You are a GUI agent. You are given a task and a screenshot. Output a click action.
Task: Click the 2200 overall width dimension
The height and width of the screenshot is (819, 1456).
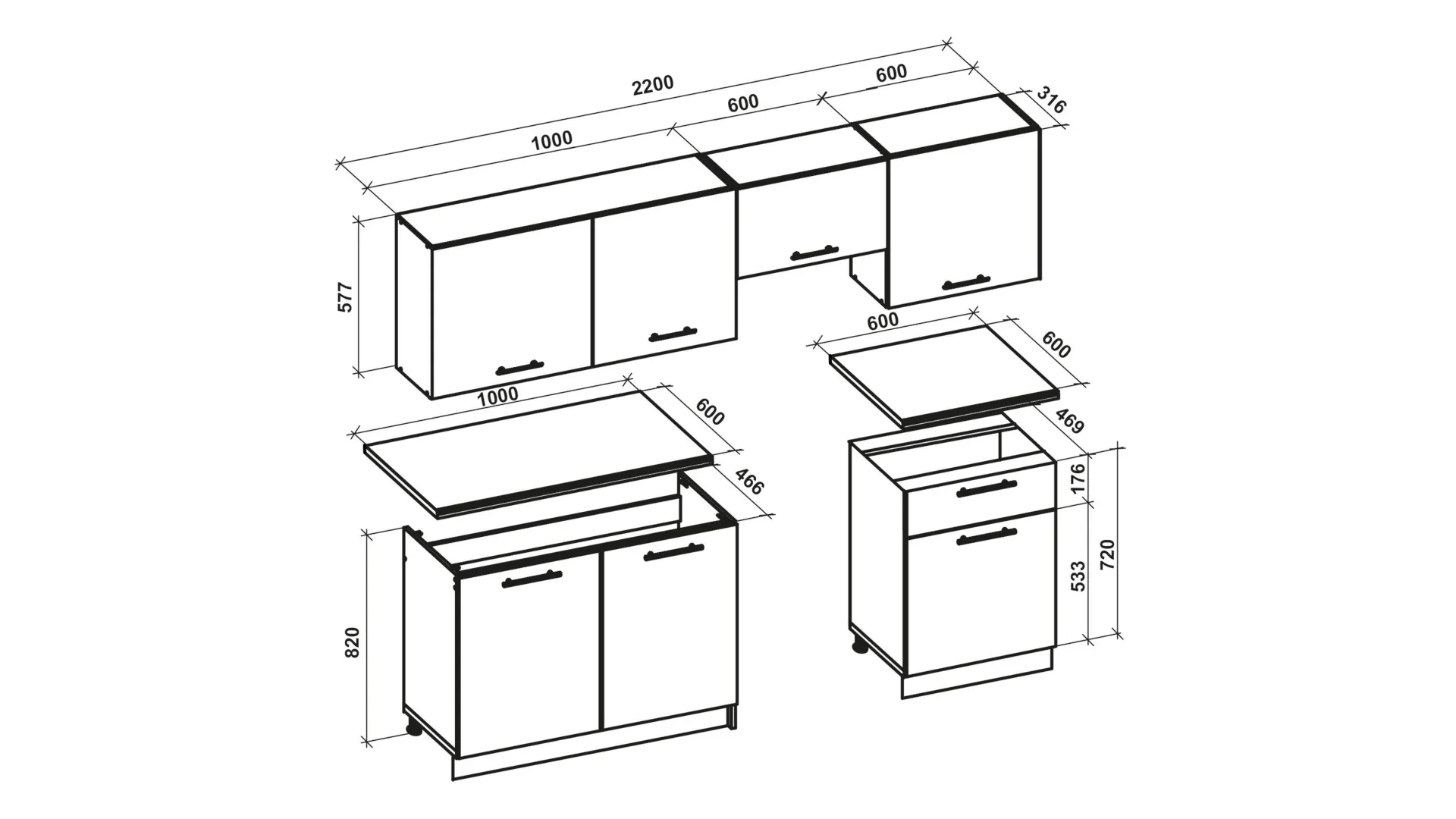pyautogui.click(x=653, y=84)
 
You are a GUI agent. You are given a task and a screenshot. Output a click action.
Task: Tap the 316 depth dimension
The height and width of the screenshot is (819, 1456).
pyautogui.click(x=1051, y=101)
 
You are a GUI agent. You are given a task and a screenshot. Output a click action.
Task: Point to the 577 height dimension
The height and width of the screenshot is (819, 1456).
pyautogui.click(x=345, y=297)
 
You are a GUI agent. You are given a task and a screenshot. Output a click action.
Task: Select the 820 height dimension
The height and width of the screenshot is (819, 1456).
pyautogui.click(x=352, y=643)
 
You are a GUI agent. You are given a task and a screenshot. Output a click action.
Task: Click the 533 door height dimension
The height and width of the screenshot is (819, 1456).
pyautogui.click(x=1078, y=576)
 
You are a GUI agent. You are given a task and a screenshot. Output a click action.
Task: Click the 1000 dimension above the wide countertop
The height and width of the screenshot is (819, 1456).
pyautogui.click(x=498, y=394)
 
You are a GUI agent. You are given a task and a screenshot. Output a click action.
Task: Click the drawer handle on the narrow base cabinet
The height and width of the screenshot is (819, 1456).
pyautogui.click(x=987, y=489)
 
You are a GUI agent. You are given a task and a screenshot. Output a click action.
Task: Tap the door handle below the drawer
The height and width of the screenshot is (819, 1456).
pyautogui.click(x=987, y=536)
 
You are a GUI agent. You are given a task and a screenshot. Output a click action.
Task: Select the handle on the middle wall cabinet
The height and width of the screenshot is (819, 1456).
pyautogui.click(x=814, y=252)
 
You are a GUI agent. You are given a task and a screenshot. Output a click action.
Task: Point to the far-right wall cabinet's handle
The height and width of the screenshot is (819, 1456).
pyautogui.click(x=966, y=283)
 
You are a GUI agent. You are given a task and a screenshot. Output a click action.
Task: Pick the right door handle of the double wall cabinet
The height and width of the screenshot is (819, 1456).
pyautogui.click(x=673, y=334)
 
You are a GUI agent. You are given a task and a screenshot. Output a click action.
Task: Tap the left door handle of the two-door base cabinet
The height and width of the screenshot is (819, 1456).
pyautogui.click(x=532, y=578)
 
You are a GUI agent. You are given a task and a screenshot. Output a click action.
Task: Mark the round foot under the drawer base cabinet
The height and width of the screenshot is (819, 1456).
pyautogui.click(x=860, y=646)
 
